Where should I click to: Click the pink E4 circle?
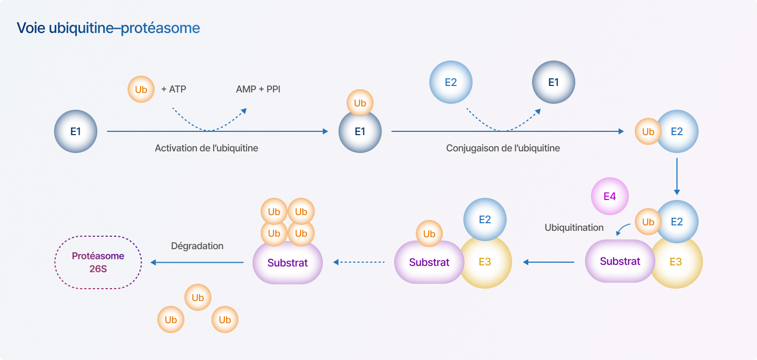coord(610,196)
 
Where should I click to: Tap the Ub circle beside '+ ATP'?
coord(141,89)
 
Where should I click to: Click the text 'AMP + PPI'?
coord(258,89)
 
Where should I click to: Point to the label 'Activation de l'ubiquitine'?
coord(207,148)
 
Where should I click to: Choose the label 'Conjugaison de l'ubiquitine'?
coord(503,148)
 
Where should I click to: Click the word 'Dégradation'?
coord(197,246)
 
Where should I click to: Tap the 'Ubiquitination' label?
coord(574,228)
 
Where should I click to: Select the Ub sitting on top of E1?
coord(360,103)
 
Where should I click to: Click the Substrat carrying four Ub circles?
coord(288,263)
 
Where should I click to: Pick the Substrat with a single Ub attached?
coord(429,262)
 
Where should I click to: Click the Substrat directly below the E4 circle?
coord(620,261)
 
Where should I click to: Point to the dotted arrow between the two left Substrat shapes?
coord(359,262)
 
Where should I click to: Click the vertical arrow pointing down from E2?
coord(676,176)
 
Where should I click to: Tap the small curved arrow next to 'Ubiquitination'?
coord(622,229)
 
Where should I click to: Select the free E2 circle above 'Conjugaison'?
coord(451,82)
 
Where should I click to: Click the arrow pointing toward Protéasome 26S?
coord(197,262)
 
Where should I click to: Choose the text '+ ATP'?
coord(174,89)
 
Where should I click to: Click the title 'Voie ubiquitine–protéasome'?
coord(108,28)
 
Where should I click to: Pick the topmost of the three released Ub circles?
coord(198,297)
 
